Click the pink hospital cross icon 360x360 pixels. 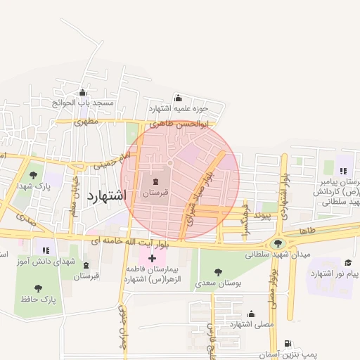(152, 259)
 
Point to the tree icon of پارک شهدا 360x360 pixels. (33, 175)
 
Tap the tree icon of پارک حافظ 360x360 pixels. (37, 287)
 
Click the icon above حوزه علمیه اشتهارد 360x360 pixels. (177, 98)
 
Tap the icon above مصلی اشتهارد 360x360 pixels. (251, 314)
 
